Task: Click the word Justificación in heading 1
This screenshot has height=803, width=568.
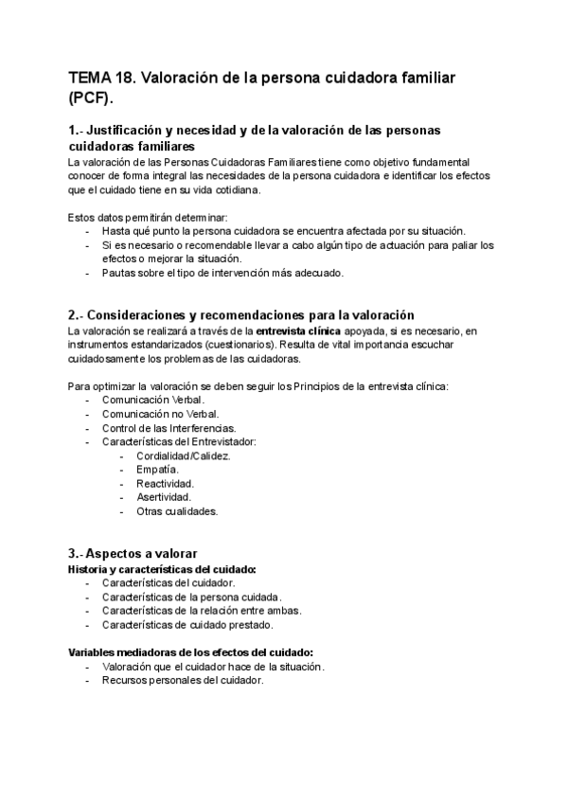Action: [x=131, y=130]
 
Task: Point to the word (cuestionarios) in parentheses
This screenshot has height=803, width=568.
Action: [x=240, y=345]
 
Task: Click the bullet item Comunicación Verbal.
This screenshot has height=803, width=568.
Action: [x=153, y=401]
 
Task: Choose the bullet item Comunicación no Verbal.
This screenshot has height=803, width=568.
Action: [x=161, y=414]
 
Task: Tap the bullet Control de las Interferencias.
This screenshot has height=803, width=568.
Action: [x=169, y=428]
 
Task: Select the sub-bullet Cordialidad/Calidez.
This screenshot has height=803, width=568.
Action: [x=184, y=455]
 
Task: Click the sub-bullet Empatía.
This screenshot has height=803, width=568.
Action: [x=157, y=469]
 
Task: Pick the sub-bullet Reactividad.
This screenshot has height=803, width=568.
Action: [x=166, y=483]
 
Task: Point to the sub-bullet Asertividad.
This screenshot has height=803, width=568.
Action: [x=164, y=496]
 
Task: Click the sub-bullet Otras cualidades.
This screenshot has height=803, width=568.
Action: [x=177, y=510]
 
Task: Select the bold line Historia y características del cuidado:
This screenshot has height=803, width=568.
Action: [x=163, y=569]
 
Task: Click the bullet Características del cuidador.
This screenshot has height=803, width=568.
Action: [x=169, y=583]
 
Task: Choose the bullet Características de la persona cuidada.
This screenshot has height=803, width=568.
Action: [x=192, y=598]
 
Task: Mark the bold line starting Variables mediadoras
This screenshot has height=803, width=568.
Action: [x=191, y=652]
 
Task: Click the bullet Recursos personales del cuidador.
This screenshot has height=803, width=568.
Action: [x=184, y=680]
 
